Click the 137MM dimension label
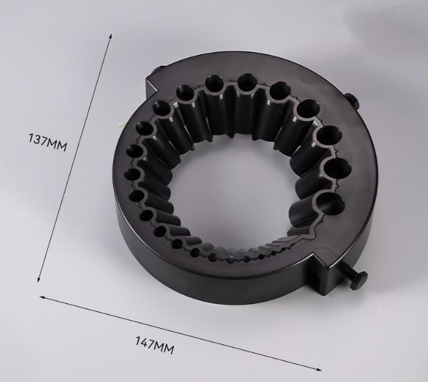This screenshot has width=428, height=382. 47,142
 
